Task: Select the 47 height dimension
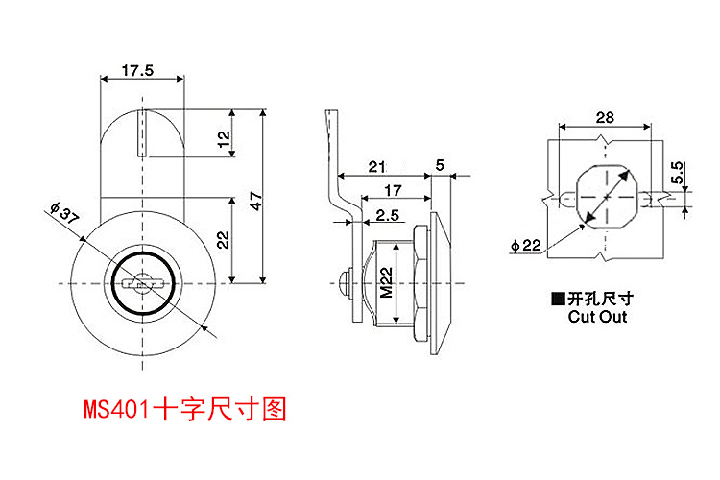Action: pyautogui.click(x=255, y=200)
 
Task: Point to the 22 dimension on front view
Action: pyautogui.click(x=223, y=239)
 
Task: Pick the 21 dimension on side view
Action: pyautogui.click(x=378, y=166)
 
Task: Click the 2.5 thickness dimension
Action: pyautogui.click(x=388, y=214)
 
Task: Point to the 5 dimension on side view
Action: pyautogui.click(x=440, y=165)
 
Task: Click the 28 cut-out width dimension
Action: pyautogui.click(x=604, y=117)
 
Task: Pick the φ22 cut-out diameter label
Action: pyautogui.click(x=527, y=247)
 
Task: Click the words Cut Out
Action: pyautogui.click(x=597, y=316)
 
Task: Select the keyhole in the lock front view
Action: pyautogui.click(x=142, y=284)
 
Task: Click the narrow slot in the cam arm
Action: pyautogui.click(x=140, y=134)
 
